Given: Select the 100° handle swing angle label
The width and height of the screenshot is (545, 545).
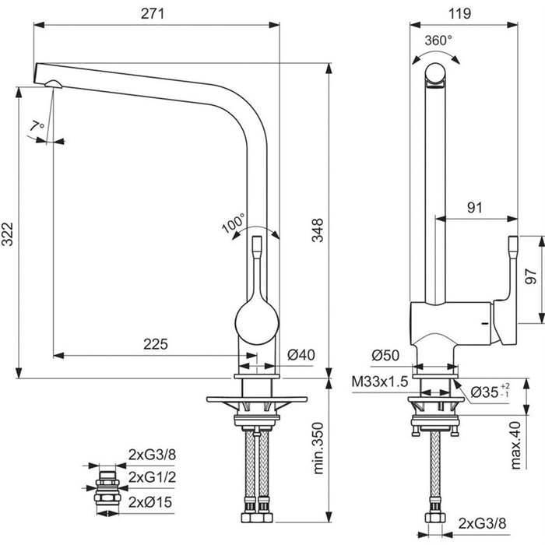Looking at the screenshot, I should [x=234, y=224].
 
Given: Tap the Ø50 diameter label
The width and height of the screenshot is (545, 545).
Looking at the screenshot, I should [x=385, y=355].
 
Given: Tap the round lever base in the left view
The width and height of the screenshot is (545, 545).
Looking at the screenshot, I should [x=255, y=322].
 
